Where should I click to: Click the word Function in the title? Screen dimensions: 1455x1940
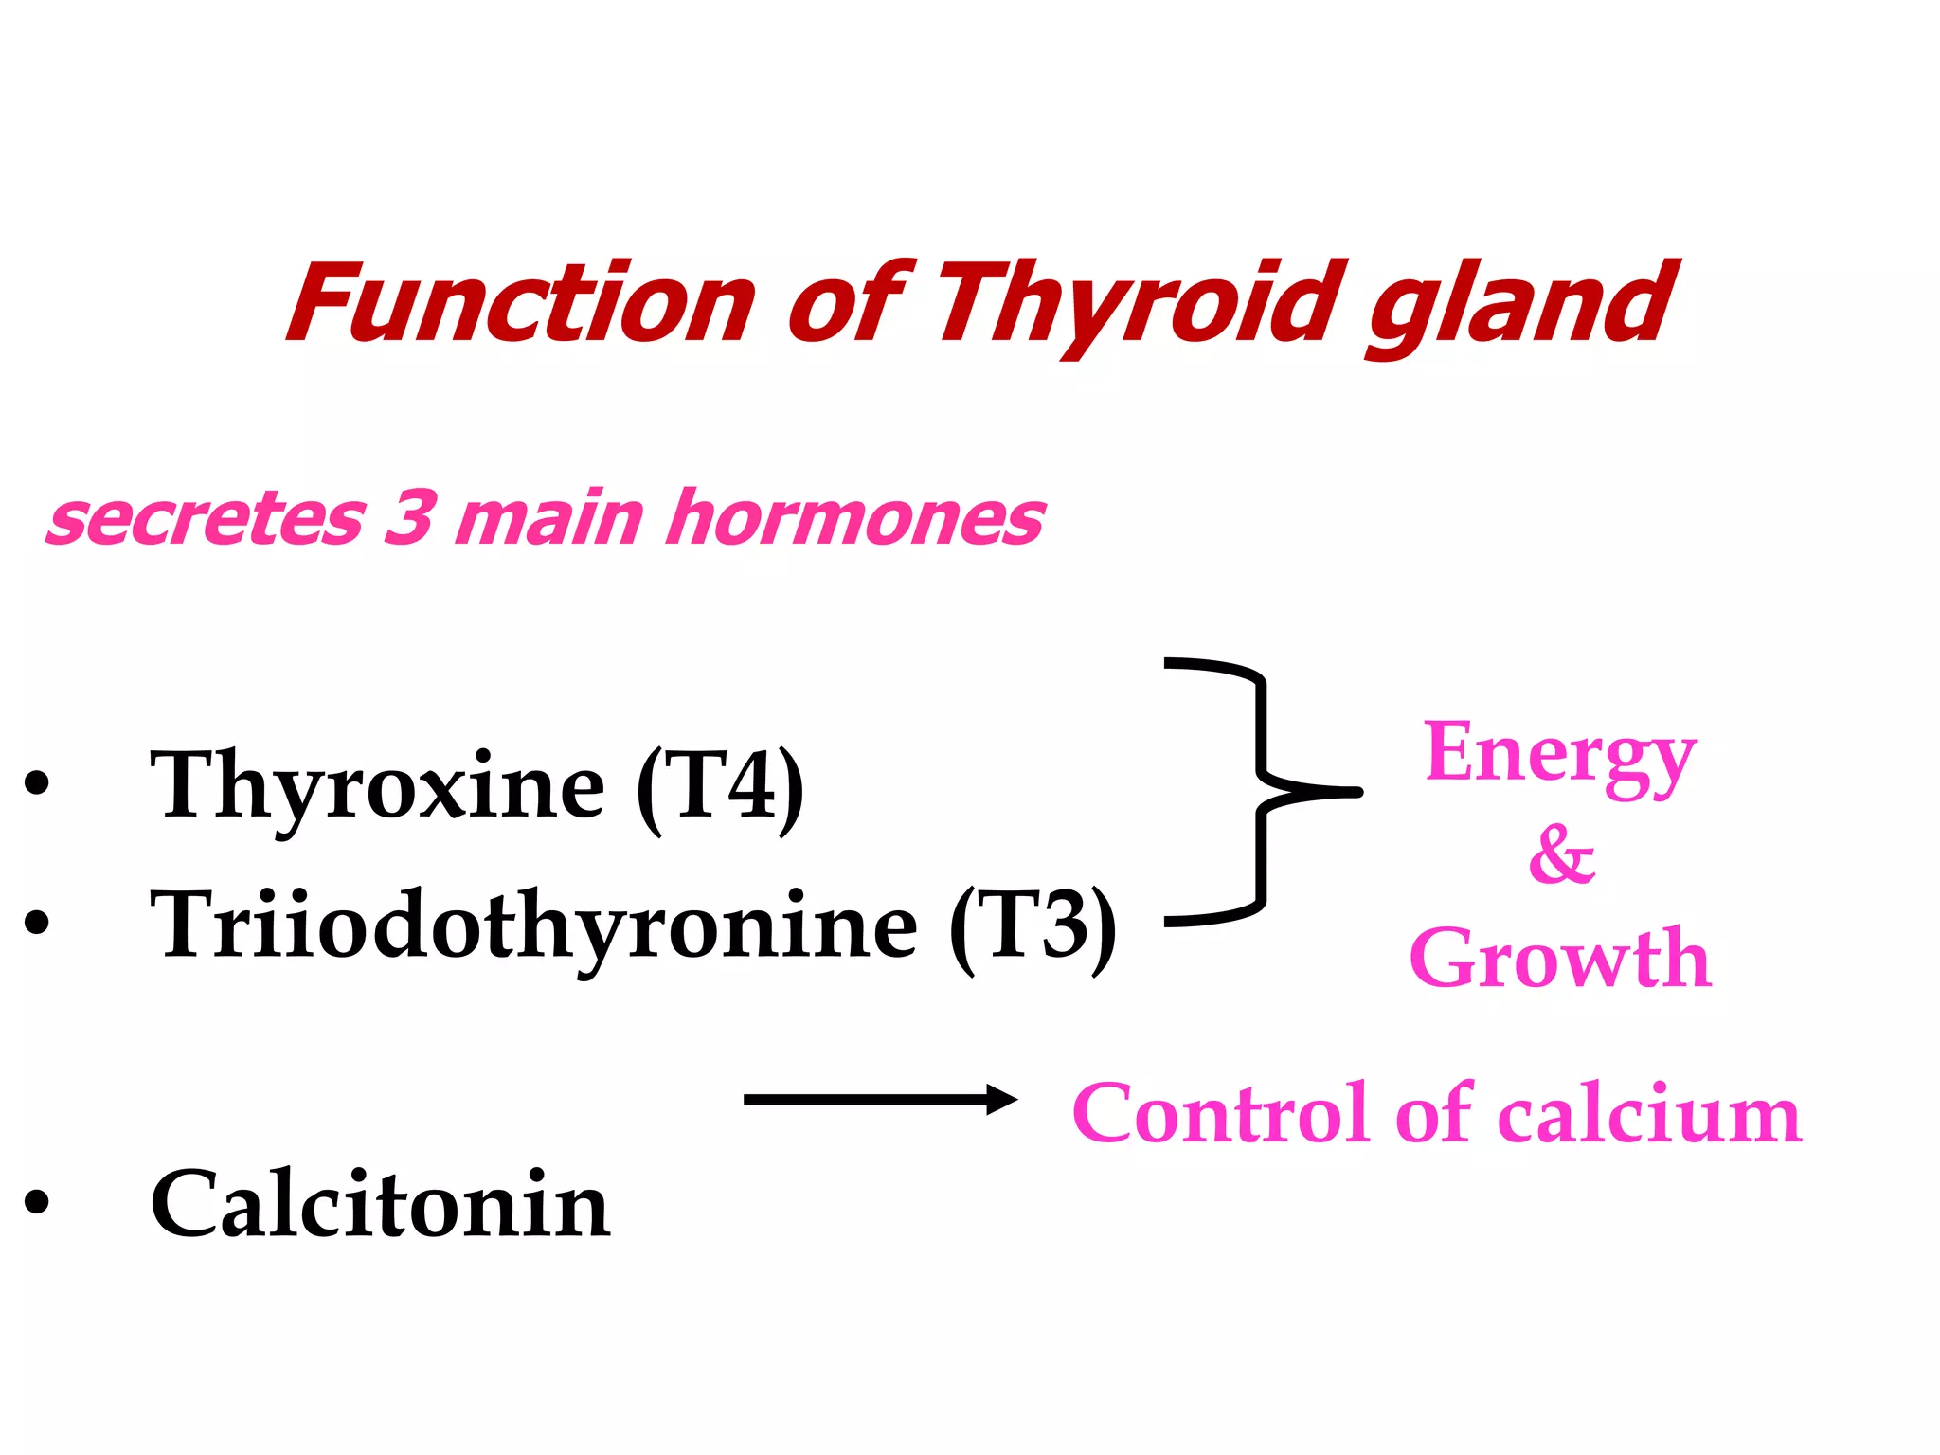(521, 303)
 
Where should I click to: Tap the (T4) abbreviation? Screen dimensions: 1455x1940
(720, 786)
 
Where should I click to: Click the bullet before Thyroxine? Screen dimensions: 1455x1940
(36, 784)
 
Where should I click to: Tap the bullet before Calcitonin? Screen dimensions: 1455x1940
(36, 1202)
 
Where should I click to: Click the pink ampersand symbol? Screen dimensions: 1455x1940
(1562, 854)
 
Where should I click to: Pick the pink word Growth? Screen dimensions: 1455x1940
(1560, 959)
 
